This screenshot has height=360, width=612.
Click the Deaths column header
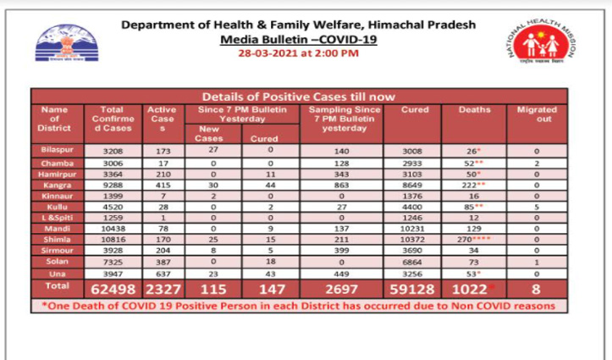click(474, 110)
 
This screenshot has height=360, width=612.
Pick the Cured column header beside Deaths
click(415, 110)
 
